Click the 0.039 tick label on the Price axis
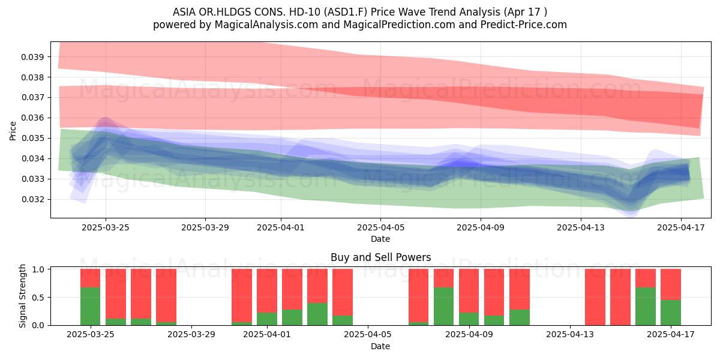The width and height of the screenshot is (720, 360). [32, 57]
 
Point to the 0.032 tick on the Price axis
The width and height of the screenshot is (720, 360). [32, 200]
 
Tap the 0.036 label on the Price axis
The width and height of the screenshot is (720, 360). [32, 118]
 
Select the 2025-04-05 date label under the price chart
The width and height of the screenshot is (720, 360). [380, 227]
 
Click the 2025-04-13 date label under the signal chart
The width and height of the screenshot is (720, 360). [570, 335]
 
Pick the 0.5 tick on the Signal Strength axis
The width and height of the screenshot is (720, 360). [38, 298]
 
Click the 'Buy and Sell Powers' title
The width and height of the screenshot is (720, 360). [380, 257]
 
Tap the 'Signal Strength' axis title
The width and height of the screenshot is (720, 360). [22, 296]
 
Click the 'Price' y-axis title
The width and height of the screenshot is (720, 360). [13, 131]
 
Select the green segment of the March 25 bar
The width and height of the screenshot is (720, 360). [91, 307]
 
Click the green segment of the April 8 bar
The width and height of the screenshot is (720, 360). [443, 307]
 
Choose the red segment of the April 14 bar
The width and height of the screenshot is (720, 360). [595, 297]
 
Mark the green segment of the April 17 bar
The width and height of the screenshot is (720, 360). [671, 313]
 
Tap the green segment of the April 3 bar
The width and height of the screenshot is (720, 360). [317, 314]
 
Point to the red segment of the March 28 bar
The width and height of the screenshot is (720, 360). [166, 295]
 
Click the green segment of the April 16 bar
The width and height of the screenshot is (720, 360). [646, 307]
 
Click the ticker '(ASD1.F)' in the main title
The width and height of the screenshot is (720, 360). [346, 12]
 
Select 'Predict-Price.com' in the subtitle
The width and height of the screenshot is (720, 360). [524, 25]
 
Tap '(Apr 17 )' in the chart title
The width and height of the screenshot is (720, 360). [525, 12]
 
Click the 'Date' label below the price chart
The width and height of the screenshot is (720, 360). [380, 239]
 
